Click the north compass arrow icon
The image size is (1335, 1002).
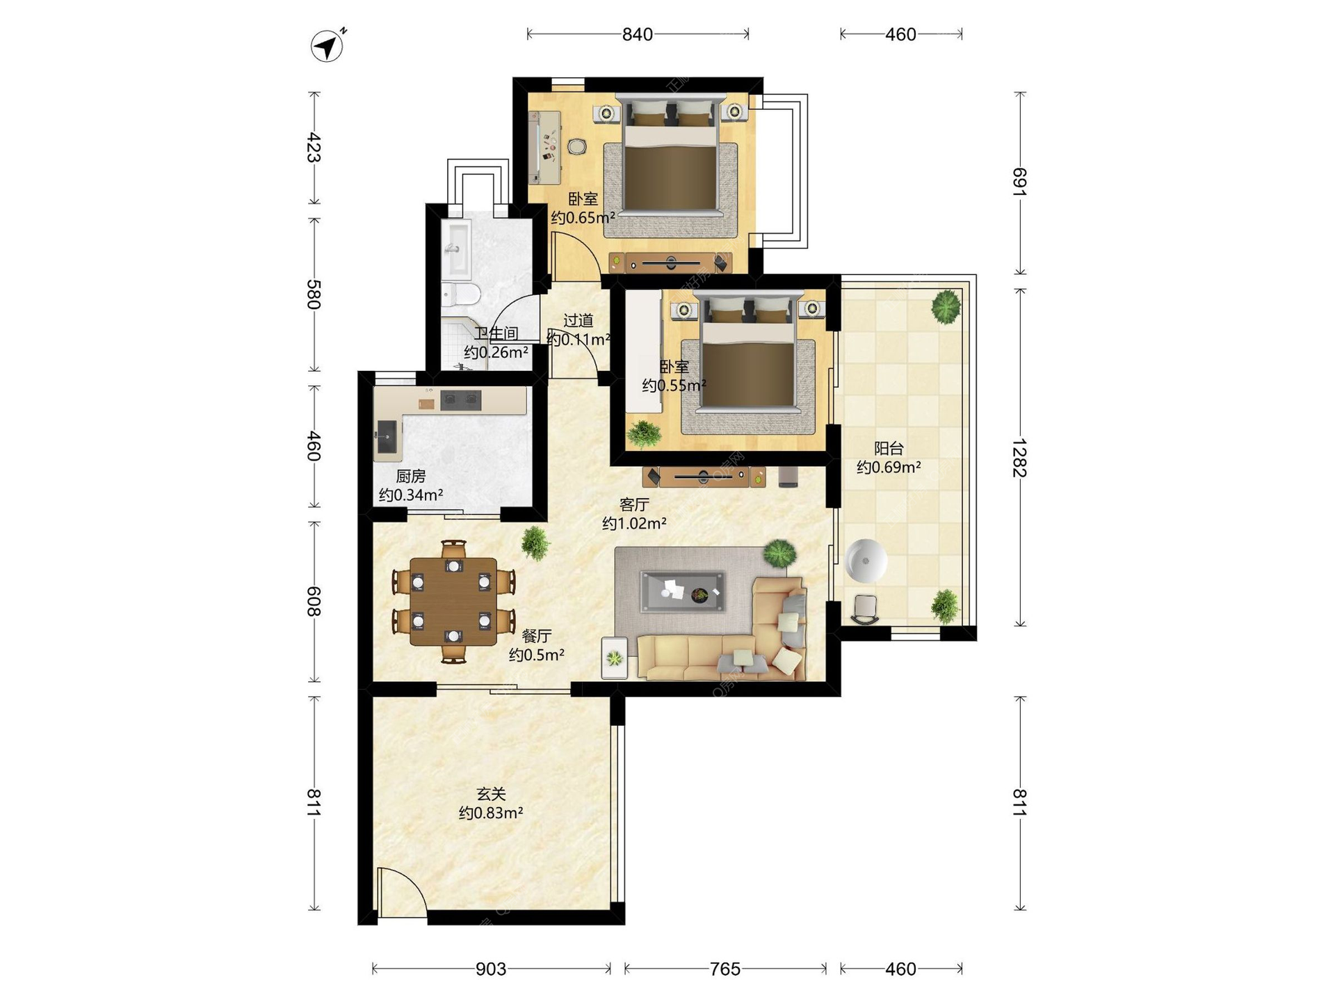pyautogui.click(x=327, y=46)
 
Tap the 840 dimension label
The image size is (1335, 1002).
pyautogui.click(x=637, y=34)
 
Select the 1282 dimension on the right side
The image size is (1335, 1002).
pyautogui.click(x=1019, y=457)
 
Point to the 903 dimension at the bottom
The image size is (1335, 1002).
pyautogui.click(x=491, y=969)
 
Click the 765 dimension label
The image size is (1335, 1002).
pyautogui.click(x=725, y=969)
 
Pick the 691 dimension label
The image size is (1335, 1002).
pyautogui.click(x=1019, y=182)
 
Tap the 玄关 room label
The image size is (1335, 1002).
pyautogui.click(x=491, y=793)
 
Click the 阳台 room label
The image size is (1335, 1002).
pyautogui.click(x=889, y=448)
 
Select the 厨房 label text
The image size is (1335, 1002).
pyautogui.click(x=411, y=476)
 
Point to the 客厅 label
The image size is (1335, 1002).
pyautogui.click(x=634, y=504)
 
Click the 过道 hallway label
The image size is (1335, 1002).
pyautogui.click(x=578, y=320)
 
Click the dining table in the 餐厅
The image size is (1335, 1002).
pyautogui.click(x=453, y=601)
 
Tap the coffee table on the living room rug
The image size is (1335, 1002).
pyautogui.click(x=683, y=591)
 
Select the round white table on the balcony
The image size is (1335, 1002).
pyautogui.click(x=866, y=560)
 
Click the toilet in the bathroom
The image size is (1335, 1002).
pyautogui.click(x=460, y=294)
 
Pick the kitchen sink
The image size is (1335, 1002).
pyautogui.click(x=387, y=437)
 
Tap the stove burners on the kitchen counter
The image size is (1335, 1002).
pyautogui.click(x=461, y=399)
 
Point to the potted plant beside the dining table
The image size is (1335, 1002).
pyautogui.click(x=535, y=542)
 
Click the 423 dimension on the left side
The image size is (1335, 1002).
pyautogui.click(x=314, y=148)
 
